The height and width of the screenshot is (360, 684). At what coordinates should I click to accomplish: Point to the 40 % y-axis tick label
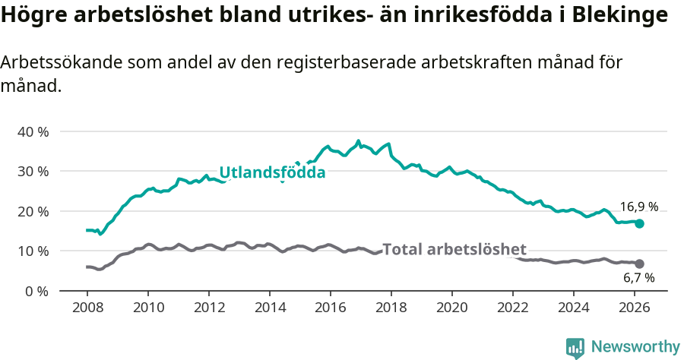[x=33, y=131]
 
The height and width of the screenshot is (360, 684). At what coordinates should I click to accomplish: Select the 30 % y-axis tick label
[x=33, y=171]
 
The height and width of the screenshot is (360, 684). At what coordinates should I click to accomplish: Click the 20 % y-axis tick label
[x=33, y=211]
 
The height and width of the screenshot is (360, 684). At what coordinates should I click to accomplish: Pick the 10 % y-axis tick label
[x=33, y=251]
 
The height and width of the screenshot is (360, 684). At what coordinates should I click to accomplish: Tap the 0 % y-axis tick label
[x=36, y=291]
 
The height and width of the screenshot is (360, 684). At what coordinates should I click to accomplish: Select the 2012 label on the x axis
[x=208, y=307]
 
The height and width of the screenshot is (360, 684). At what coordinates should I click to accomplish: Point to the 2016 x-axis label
[x=330, y=307]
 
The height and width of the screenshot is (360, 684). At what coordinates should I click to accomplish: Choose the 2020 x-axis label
[x=451, y=307]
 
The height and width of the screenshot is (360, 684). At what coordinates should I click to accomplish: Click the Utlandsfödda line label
[x=272, y=173]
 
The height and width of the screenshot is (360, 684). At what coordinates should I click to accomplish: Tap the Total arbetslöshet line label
[x=454, y=250]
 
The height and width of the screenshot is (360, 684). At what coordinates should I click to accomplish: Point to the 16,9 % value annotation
[x=639, y=207]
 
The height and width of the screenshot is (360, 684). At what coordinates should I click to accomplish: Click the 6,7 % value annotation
[x=639, y=279]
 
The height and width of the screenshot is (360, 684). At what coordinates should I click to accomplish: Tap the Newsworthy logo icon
[x=575, y=348]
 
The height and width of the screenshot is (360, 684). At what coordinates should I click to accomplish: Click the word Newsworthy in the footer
[x=635, y=347]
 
